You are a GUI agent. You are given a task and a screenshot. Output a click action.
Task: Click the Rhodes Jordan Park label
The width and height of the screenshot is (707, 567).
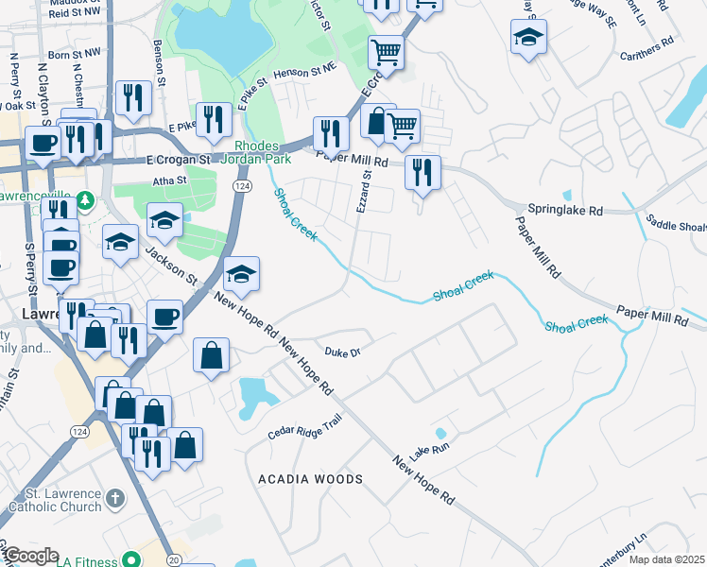256,152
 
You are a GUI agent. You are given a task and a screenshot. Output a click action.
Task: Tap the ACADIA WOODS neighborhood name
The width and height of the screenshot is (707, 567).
311,480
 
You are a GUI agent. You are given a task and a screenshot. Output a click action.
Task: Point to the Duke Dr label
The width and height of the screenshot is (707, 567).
343,352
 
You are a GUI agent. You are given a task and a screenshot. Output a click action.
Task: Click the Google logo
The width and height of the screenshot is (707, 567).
32,556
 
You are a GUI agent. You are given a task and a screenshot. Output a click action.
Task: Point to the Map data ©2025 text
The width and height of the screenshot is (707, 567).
666,559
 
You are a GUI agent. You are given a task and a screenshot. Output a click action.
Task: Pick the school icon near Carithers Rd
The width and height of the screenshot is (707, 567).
528,39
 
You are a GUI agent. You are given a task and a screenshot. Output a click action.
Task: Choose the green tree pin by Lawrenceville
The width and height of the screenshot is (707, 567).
85,200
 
